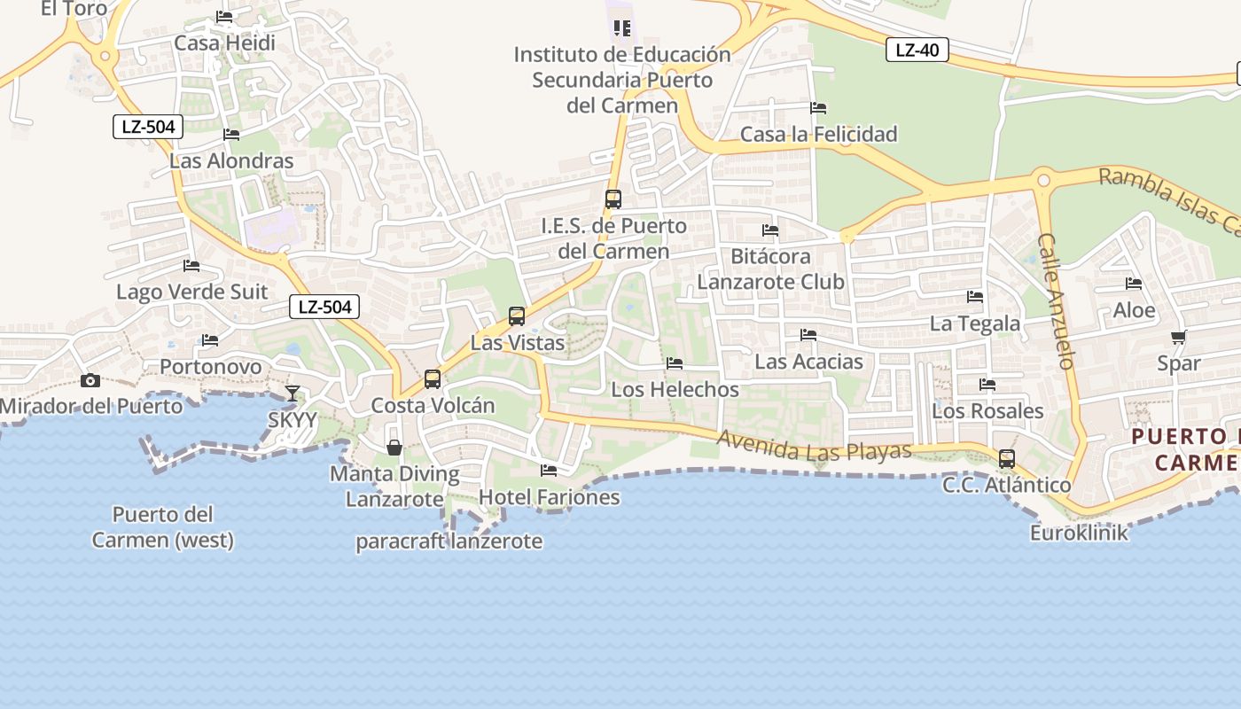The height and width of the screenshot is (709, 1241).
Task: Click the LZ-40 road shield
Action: pyautogui.click(x=917, y=50)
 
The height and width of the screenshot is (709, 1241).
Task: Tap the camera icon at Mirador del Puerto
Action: pyautogui.click(x=90, y=381)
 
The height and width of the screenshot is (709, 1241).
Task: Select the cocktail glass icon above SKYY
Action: pyautogui.click(x=293, y=393)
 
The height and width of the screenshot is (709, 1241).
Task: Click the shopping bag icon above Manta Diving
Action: pyautogui.click(x=394, y=448)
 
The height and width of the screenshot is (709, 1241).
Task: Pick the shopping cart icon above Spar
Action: pyautogui.click(x=1178, y=337)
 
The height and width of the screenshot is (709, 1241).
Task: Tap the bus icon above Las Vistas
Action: pyautogui.click(x=516, y=316)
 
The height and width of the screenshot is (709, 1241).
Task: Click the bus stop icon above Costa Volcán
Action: pyautogui.click(x=433, y=379)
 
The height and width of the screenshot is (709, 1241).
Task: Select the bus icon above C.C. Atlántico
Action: pyautogui.click(x=1006, y=459)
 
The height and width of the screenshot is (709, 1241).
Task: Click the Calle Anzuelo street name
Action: pyautogui.click(x=1056, y=301)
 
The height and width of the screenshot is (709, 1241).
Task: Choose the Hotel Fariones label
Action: pyautogui.click(x=549, y=497)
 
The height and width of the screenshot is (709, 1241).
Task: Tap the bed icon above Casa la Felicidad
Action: pyautogui.click(x=818, y=108)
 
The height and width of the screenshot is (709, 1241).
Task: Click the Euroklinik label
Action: pyautogui.click(x=1079, y=534)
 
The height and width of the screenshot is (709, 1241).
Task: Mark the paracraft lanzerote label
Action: pyautogui.click(x=449, y=541)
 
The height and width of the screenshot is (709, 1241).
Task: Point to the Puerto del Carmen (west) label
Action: pyautogui.click(x=162, y=526)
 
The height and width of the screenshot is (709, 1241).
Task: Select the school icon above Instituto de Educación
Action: pyautogui.click(x=622, y=28)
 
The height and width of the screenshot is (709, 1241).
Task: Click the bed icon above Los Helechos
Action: pyautogui.click(x=675, y=363)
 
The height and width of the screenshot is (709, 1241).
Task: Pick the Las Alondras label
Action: pyautogui.click(x=231, y=161)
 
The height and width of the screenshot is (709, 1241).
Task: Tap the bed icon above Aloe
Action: pyautogui.click(x=1134, y=284)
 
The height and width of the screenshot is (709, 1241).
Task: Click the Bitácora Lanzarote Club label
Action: pyautogui.click(x=770, y=269)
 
